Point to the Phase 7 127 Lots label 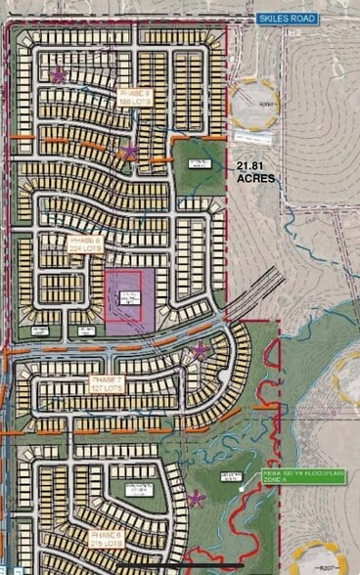107,382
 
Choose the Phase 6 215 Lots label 106,540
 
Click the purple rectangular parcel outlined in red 122,303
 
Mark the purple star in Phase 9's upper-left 58,74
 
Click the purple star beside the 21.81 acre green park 130,152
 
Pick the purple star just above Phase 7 200,350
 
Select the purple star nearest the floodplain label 195,499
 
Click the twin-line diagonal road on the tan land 259,293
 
